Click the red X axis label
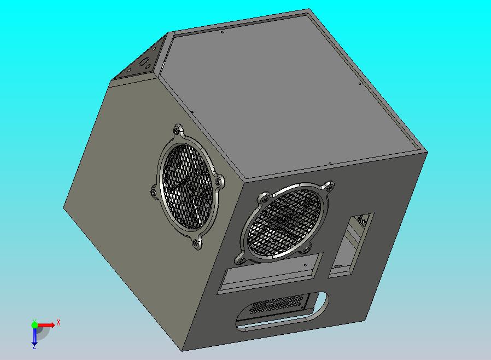pyautogui.click(x=59, y=322)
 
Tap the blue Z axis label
pyautogui.click(x=34, y=346)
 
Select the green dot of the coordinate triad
pyautogui.click(x=34, y=325)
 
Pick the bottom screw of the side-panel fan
pyautogui.click(x=196, y=244)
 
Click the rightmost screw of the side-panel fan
pyautogui.click(x=219, y=181)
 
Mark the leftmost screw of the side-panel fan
pyautogui.click(x=154, y=191)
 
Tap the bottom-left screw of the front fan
pyautogui.click(x=239, y=257)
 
